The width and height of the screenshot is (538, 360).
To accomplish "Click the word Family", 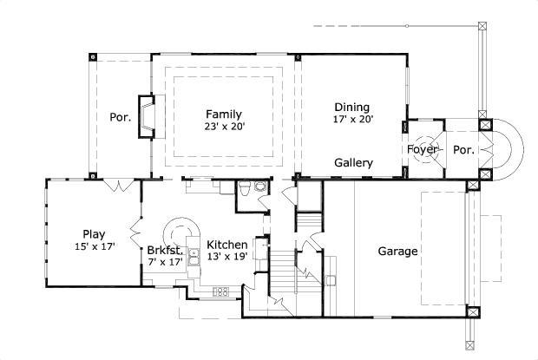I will (223, 114).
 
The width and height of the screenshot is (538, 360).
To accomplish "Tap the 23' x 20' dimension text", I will (225, 127).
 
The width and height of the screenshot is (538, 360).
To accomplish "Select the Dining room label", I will (351, 108).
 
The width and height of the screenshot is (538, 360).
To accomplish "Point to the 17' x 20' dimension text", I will (353, 120).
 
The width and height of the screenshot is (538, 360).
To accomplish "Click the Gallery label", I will (354, 163).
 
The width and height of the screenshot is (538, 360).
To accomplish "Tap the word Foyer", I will (423, 150).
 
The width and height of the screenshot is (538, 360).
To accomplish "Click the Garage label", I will (397, 252).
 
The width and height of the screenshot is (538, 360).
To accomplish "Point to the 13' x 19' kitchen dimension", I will (228, 258).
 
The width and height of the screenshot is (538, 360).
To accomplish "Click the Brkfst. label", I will (164, 248).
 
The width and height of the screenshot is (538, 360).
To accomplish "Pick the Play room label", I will (94, 233).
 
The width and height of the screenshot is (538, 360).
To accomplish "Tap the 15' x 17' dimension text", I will (95, 246).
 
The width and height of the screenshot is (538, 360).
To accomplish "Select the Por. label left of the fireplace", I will (120, 118).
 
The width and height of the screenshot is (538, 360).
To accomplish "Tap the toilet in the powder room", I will (246, 189).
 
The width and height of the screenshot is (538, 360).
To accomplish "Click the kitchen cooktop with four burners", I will (220, 291).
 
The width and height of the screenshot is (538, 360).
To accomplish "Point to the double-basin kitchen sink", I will (195, 254).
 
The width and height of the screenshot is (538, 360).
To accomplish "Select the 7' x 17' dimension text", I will (165, 260).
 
